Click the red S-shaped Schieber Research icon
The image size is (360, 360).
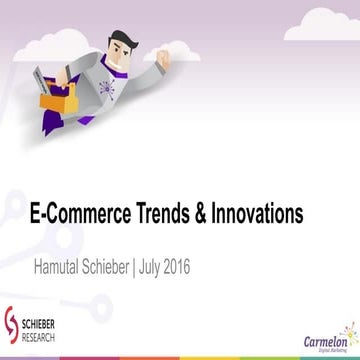pyautogui.click(x=14, y=329)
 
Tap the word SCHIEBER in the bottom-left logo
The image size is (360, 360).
pyautogui.click(x=42, y=326)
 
